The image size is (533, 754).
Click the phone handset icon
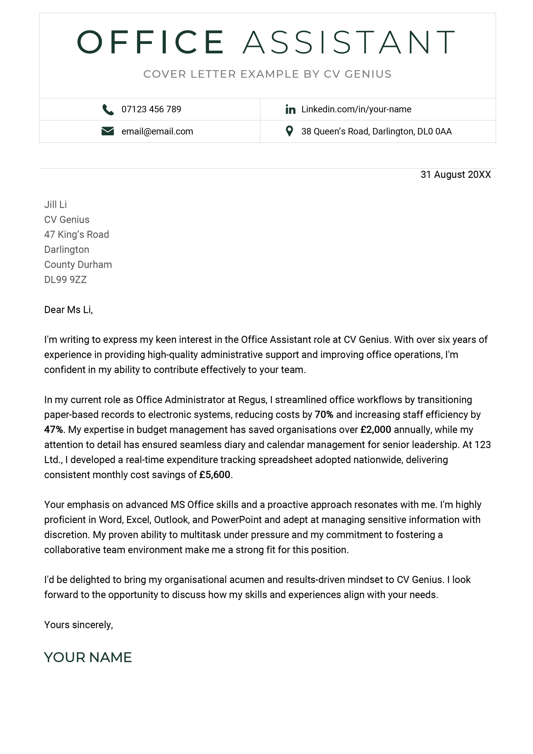(x=108, y=109)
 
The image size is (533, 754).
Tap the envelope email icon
(x=108, y=131)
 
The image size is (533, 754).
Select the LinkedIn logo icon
(x=290, y=109)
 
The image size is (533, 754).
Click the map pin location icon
(x=289, y=131)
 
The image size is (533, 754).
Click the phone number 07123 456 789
(x=151, y=109)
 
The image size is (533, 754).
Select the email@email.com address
(x=157, y=131)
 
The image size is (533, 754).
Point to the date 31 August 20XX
(x=455, y=175)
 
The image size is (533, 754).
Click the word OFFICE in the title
(x=151, y=42)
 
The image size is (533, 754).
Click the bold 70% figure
(x=324, y=414)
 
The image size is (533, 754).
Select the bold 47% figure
(x=53, y=429)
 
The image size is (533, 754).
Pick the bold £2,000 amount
(x=375, y=429)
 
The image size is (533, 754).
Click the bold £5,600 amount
(x=215, y=474)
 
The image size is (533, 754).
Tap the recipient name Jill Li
(x=55, y=205)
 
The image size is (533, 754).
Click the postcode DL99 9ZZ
(x=65, y=280)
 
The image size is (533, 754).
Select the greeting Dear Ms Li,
(x=68, y=310)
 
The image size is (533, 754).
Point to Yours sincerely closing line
(x=79, y=625)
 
